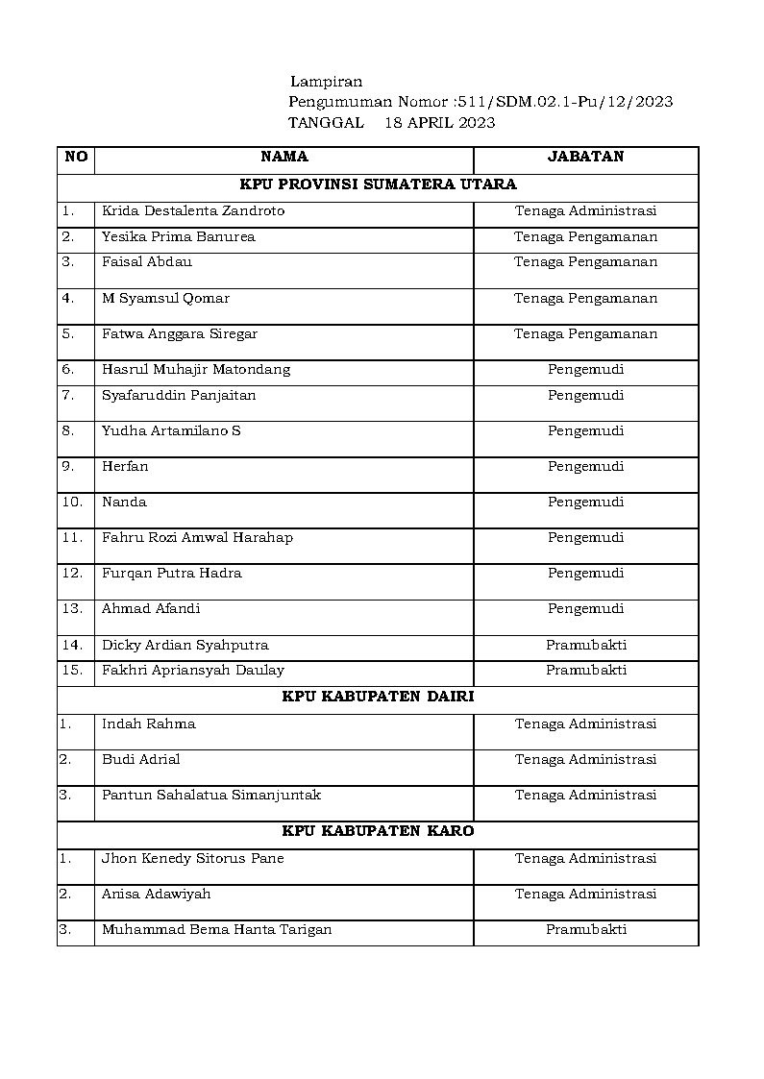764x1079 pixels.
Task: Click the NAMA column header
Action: click(284, 157)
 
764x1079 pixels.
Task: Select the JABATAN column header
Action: click(585, 157)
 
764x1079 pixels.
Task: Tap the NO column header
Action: click(76, 157)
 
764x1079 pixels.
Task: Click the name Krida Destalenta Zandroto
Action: click(193, 210)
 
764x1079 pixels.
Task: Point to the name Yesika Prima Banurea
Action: click(179, 236)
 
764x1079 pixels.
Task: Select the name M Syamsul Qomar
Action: click(165, 298)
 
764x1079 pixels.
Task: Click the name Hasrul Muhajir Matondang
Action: click(196, 369)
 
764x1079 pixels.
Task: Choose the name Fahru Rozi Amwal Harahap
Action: click(197, 537)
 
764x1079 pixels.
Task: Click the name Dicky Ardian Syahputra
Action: click(185, 645)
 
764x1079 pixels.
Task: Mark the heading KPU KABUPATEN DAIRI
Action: click(378, 697)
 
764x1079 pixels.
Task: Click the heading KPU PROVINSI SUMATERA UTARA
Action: click(378, 184)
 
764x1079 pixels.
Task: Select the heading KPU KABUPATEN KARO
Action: click(378, 830)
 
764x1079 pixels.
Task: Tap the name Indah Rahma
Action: click(149, 723)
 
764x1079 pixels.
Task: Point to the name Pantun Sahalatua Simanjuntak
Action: click(211, 795)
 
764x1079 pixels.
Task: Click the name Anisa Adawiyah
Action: click(156, 894)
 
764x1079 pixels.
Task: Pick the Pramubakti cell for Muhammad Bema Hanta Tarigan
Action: click(586, 929)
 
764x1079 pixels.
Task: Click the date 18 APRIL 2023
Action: click(439, 122)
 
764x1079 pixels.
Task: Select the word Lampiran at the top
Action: click(326, 82)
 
